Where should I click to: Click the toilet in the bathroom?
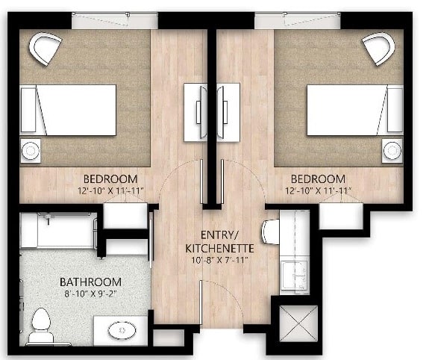point(41,326)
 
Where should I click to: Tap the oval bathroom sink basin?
point(119,329)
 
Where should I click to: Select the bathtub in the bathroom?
point(57,231)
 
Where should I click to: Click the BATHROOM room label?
point(90,282)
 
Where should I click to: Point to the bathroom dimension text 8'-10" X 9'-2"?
point(90,294)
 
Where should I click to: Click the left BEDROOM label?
point(110,179)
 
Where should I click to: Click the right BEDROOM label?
point(318,179)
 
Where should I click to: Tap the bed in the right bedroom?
point(355,110)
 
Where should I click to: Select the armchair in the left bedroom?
point(45,49)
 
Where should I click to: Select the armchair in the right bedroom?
point(379,49)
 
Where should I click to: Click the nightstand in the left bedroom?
point(31,150)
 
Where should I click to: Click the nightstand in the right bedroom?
point(392,150)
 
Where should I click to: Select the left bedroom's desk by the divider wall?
point(195,111)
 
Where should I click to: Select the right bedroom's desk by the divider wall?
point(228,111)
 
